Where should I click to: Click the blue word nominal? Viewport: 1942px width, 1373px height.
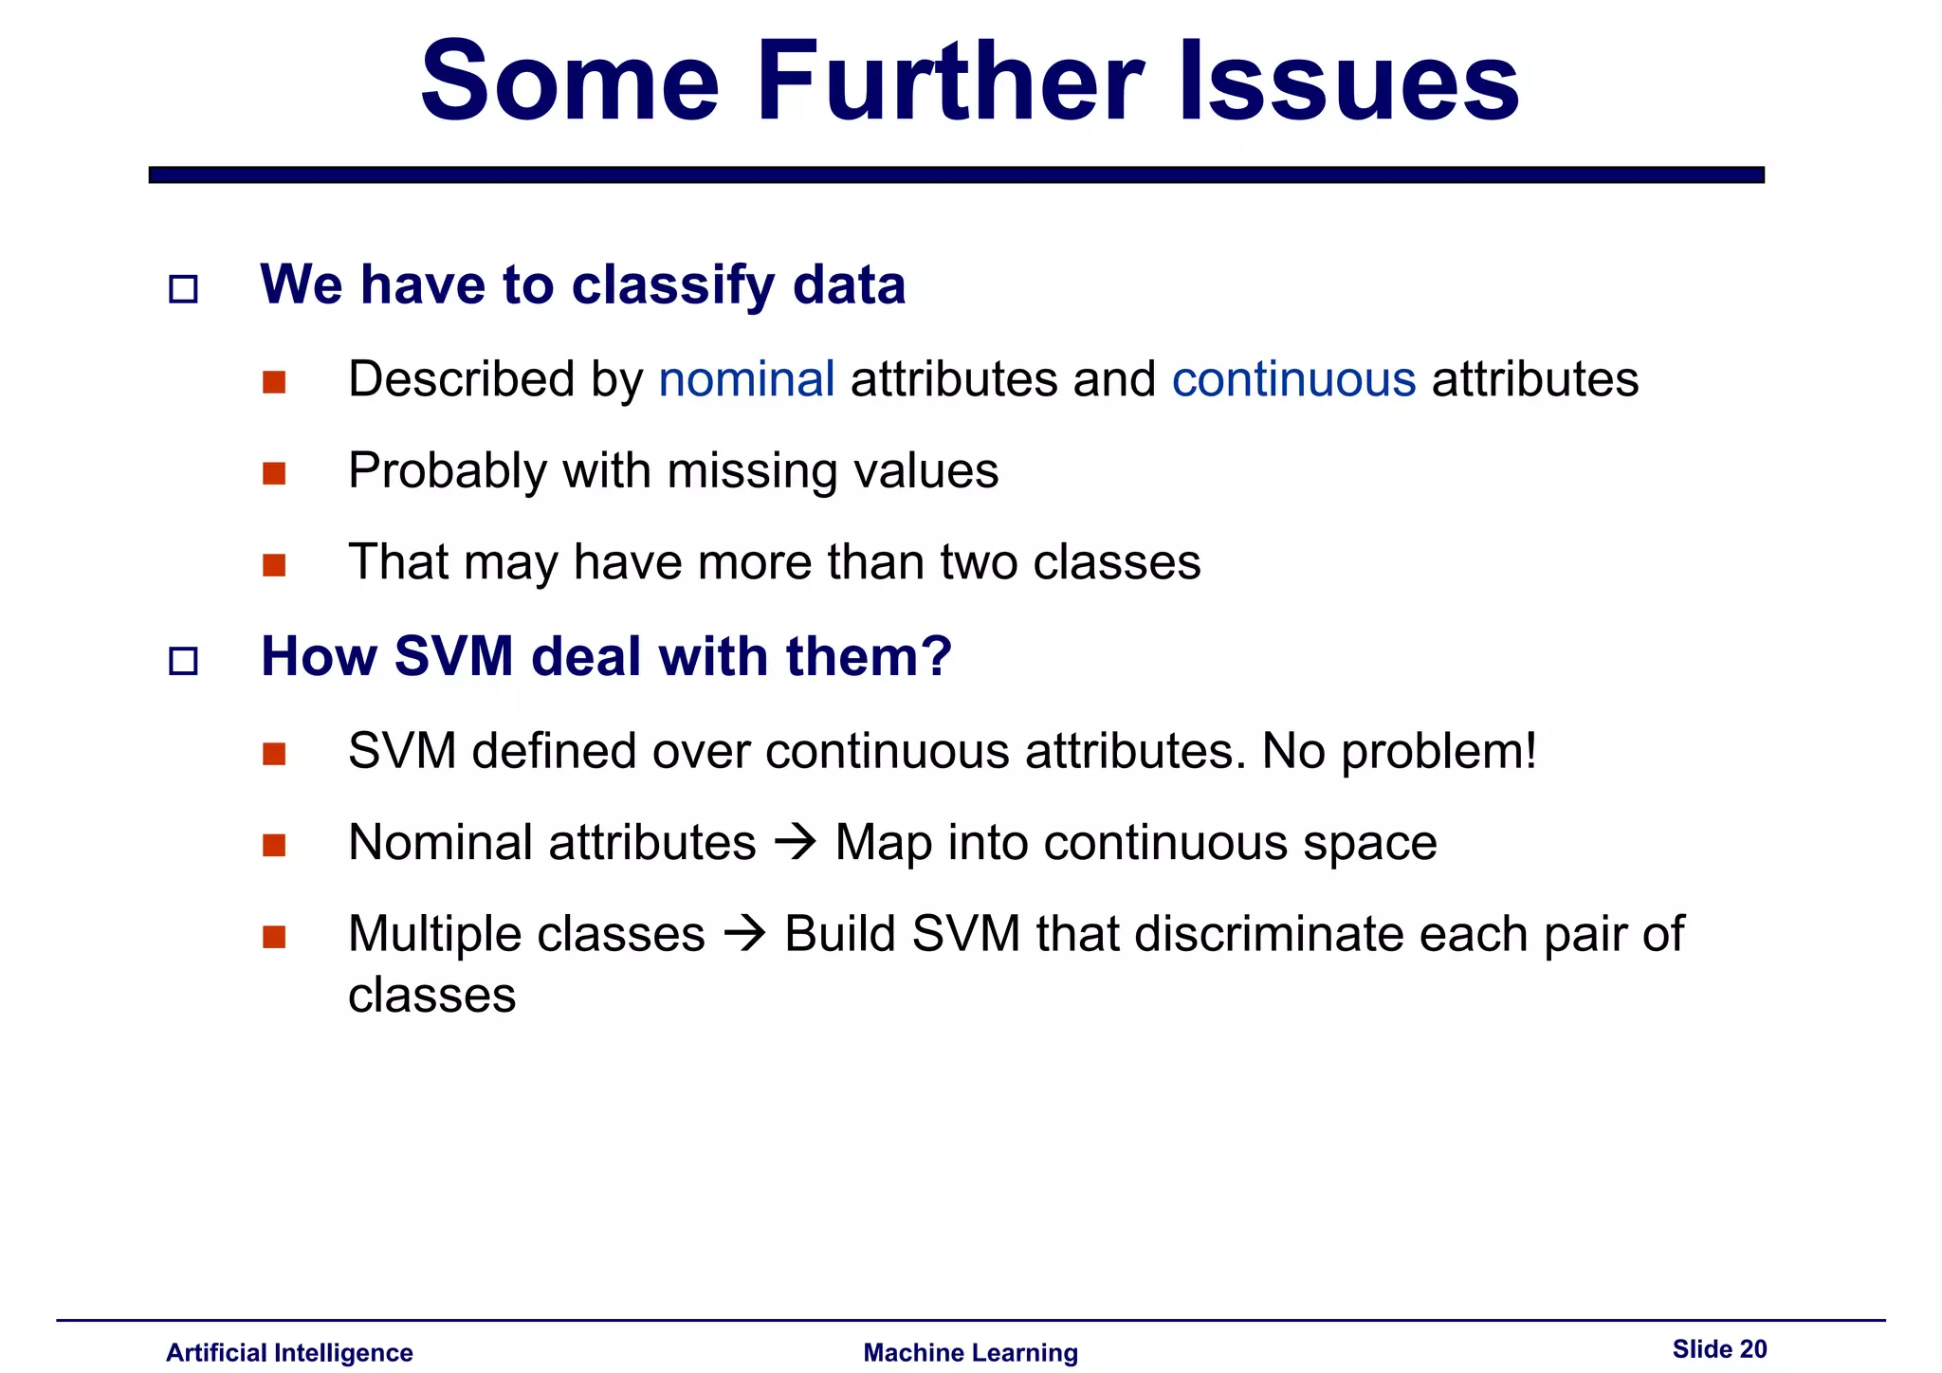[x=746, y=379]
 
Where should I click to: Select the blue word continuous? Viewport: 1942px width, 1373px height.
[x=1293, y=379]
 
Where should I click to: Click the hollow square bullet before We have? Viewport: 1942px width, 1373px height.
[x=183, y=288]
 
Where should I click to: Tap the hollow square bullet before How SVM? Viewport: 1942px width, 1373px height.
[x=183, y=660]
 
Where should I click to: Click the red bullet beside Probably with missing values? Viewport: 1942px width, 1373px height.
[x=274, y=473]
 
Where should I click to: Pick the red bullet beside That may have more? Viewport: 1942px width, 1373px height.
[x=274, y=565]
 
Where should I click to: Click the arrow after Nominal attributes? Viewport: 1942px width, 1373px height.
[x=795, y=842]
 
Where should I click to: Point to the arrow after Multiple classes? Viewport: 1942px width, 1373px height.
[x=744, y=934]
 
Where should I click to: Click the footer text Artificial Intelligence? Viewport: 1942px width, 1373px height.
[x=289, y=1352]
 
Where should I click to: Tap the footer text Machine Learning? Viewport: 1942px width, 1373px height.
[x=970, y=1352]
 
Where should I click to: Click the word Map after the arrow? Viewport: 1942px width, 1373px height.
[x=882, y=842]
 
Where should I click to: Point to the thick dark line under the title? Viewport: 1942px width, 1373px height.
[x=956, y=174]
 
